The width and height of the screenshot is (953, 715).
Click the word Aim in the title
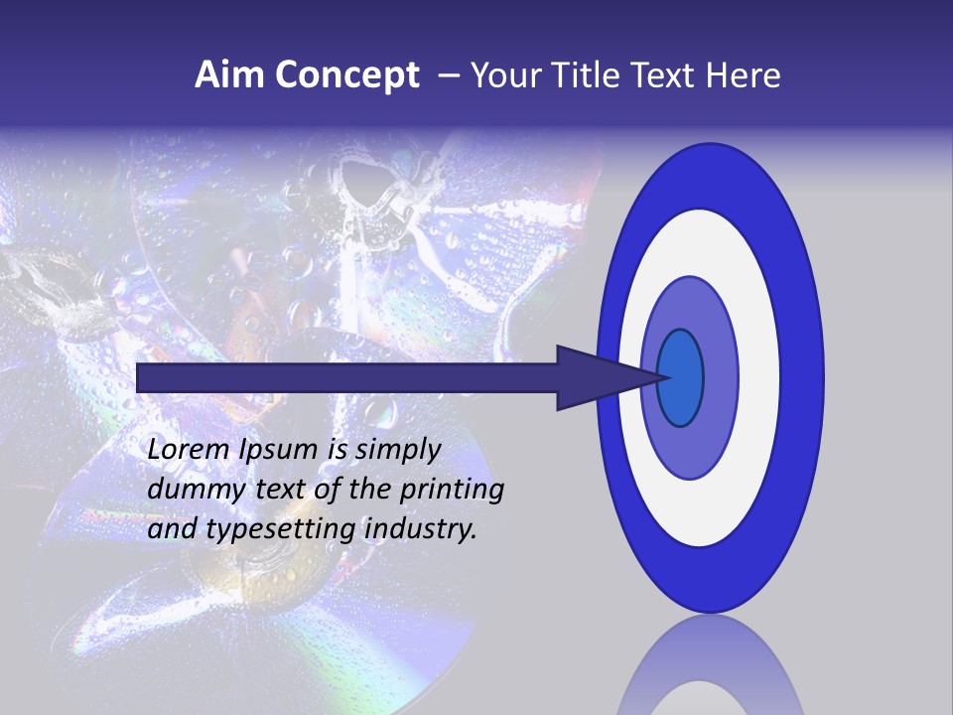point(229,75)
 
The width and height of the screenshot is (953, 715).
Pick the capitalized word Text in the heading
point(668,75)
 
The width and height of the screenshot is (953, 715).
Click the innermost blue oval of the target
point(680,377)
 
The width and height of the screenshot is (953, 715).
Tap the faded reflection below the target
point(709,665)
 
